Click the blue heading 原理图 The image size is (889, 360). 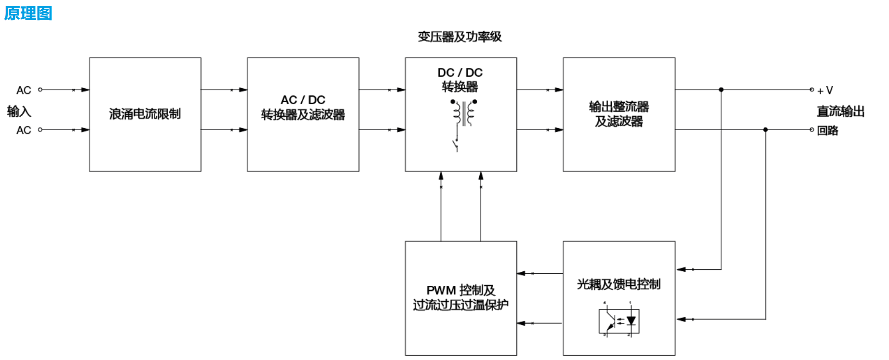coord(28,13)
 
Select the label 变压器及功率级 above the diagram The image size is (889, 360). coord(459,37)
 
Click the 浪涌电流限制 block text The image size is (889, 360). coord(145,114)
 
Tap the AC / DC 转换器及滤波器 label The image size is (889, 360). coord(303,107)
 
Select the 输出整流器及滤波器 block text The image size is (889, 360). coord(619,114)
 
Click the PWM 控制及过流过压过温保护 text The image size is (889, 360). coord(460,297)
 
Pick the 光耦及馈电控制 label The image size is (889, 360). coord(619,284)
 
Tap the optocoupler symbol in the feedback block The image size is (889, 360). coord(619,320)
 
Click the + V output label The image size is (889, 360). coord(825,91)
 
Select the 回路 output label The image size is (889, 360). coord(828,131)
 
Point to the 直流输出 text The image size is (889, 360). coord(840,111)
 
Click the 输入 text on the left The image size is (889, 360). coord(19,111)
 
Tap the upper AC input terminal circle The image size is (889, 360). coord(40,90)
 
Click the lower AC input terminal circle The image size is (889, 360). coord(40,130)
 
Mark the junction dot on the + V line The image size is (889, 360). coord(721,90)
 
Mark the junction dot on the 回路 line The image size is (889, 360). coord(766,130)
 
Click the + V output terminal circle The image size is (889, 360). coord(812,90)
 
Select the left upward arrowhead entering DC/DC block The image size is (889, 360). coord(441,176)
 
